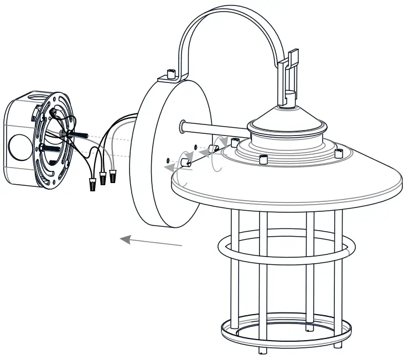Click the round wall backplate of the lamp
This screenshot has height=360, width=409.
166,155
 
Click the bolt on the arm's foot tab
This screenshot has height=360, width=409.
170,74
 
